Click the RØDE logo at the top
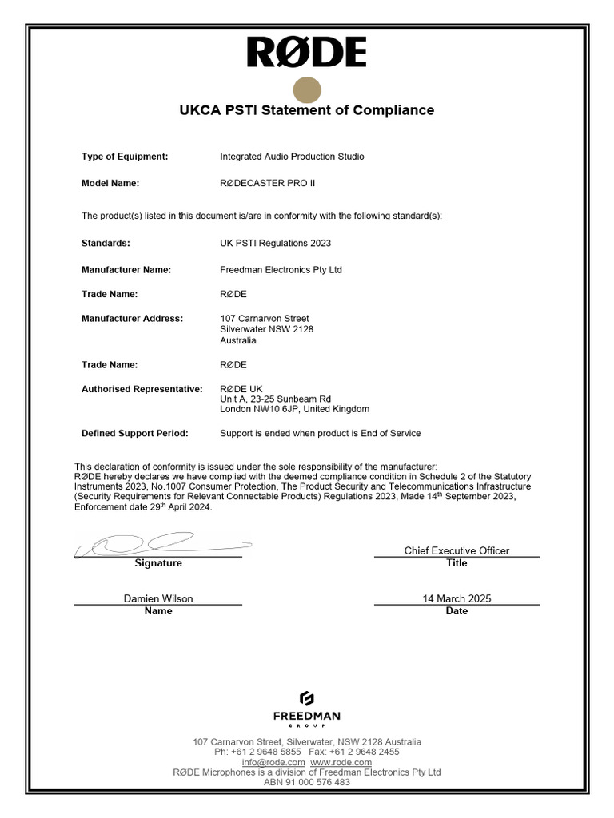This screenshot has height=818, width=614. coord(306,53)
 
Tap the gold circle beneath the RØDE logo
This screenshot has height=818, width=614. coord(307,91)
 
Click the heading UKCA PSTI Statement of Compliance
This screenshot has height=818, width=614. coord(306,110)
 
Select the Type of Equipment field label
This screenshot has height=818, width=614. coord(125,157)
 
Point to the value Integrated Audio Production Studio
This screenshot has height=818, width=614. coord(292,157)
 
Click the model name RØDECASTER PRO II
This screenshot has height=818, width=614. coord(267,183)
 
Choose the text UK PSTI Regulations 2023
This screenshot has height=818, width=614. coord(275,243)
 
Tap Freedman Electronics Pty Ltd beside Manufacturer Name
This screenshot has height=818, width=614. coord(281,270)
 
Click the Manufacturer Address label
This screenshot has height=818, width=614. coord(132,318)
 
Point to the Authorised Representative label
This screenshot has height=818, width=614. coord(142,389)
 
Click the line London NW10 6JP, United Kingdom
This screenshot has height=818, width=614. coord(294,409)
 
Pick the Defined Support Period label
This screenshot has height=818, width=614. coord(135,433)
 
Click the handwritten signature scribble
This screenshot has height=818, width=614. coord(160,545)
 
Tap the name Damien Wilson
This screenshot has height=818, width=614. coord(158,598)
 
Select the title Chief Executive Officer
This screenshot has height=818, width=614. coord(457,550)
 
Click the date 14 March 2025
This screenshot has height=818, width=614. coord(457,598)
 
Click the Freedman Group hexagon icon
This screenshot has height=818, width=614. coord(307,698)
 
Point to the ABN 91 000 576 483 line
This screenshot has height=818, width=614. coord(307,782)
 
